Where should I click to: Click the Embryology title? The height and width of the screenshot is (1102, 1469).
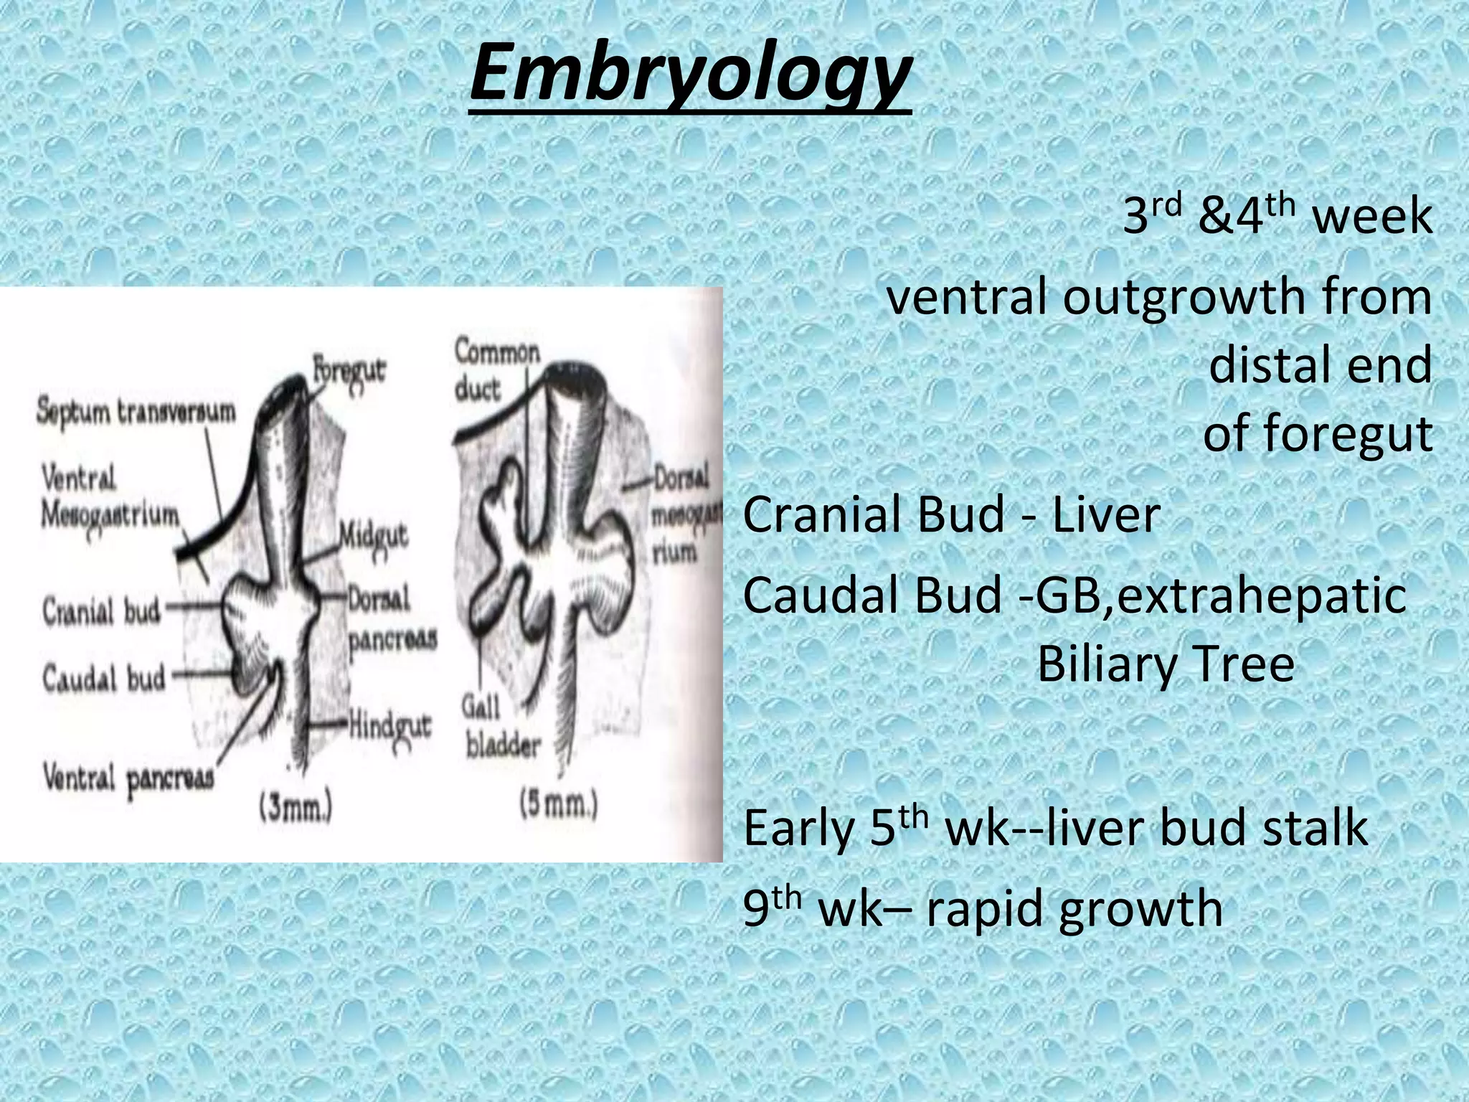pos(690,74)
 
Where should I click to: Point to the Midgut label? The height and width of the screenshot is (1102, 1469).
pos(373,535)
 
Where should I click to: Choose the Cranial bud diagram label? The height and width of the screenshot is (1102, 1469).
pos(101,611)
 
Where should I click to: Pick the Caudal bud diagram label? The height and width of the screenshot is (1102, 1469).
pos(103,677)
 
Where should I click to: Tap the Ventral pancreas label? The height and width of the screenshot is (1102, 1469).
pos(128,777)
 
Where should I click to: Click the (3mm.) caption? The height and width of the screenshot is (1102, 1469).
pos(296,809)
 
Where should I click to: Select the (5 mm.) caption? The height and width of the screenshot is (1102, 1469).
pos(559,805)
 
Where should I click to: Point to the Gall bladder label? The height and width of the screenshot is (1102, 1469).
pos(501,727)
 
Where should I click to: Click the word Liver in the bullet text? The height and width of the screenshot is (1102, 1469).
pos(1105,514)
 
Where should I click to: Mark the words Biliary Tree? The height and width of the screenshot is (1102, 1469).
pos(1166,664)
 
